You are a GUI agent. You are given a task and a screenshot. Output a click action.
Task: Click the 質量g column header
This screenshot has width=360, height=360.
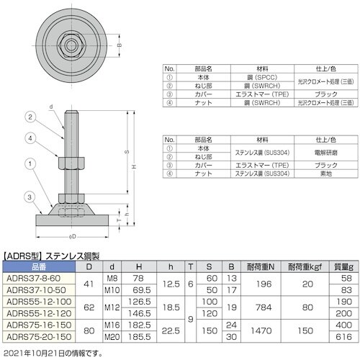pos(342,266)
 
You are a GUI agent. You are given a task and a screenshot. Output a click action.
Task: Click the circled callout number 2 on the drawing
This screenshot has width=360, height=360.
pos(30,116)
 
